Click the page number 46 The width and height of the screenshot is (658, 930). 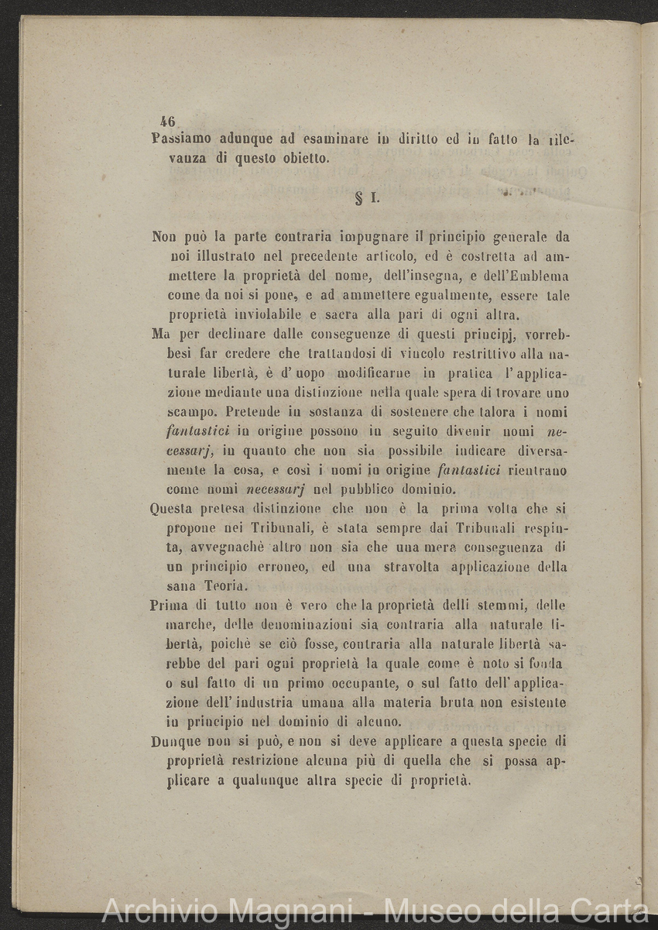168,122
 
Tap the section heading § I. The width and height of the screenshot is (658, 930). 365,197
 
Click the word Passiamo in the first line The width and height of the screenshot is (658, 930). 180,140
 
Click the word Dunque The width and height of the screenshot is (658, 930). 176,741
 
